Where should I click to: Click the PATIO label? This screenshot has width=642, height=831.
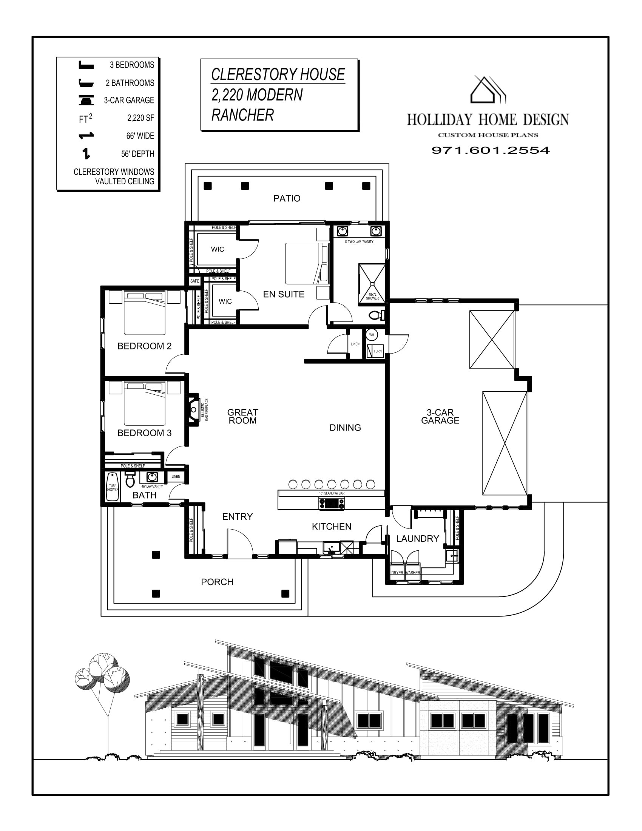287,198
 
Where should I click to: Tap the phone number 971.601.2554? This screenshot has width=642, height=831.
491,150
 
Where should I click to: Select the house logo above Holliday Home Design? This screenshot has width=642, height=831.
488,90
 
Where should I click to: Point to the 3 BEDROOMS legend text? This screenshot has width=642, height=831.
132,65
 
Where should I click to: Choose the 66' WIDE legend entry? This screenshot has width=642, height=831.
140,136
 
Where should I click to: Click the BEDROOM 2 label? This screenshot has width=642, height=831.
144,346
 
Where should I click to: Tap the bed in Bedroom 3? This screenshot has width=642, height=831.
145,403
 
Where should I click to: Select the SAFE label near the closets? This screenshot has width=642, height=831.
195,281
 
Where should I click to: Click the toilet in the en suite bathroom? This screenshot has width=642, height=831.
376,315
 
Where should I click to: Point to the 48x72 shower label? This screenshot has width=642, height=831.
372,297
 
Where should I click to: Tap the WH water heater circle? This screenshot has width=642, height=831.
372,335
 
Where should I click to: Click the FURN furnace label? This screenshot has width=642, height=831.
377,351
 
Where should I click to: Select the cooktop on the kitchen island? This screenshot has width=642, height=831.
332,504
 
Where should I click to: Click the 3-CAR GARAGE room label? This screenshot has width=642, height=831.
440,416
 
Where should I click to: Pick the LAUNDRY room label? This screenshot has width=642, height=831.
418,538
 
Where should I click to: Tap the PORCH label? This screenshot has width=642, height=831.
217,582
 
